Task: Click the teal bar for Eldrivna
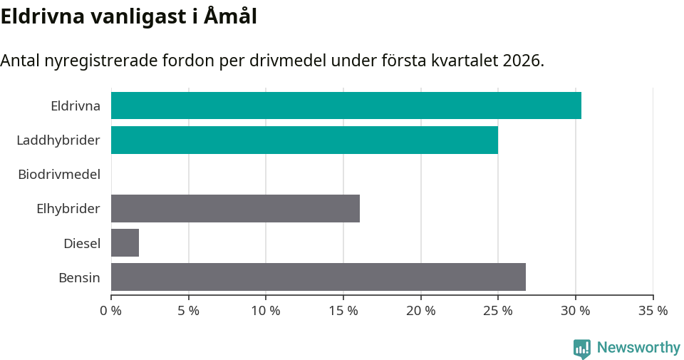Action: point(346,106)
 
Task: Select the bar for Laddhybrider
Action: point(304,140)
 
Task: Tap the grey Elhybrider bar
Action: point(235,208)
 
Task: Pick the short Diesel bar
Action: point(125,242)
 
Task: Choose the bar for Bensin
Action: point(318,277)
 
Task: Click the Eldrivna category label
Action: point(76,106)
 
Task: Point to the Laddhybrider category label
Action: point(58,140)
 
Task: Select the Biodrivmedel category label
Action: point(59,175)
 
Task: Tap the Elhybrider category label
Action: point(68,209)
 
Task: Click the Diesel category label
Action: point(82,243)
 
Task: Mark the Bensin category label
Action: point(79,277)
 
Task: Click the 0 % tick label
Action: point(111,311)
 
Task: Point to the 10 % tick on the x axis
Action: point(266,311)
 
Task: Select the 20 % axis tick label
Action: point(420,311)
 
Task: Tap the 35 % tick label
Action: point(653,311)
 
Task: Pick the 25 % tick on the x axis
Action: point(498,311)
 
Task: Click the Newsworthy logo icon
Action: point(582,349)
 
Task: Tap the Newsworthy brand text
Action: point(638,348)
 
